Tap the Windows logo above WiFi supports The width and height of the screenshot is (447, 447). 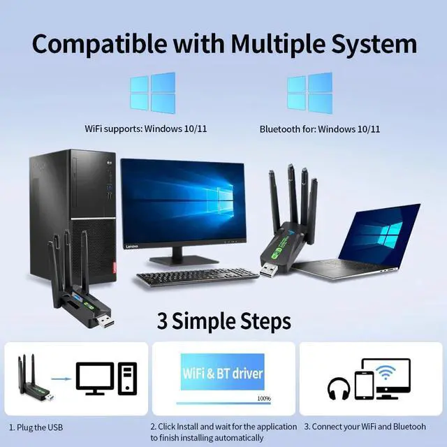(x=152, y=93)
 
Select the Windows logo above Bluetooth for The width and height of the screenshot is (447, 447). (x=309, y=93)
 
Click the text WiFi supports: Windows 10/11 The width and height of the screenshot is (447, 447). (x=146, y=129)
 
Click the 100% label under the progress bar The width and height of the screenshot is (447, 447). (x=264, y=398)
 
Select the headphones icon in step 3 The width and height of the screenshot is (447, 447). (x=340, y=388)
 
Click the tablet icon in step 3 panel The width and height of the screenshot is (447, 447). (x=365, y=385)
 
